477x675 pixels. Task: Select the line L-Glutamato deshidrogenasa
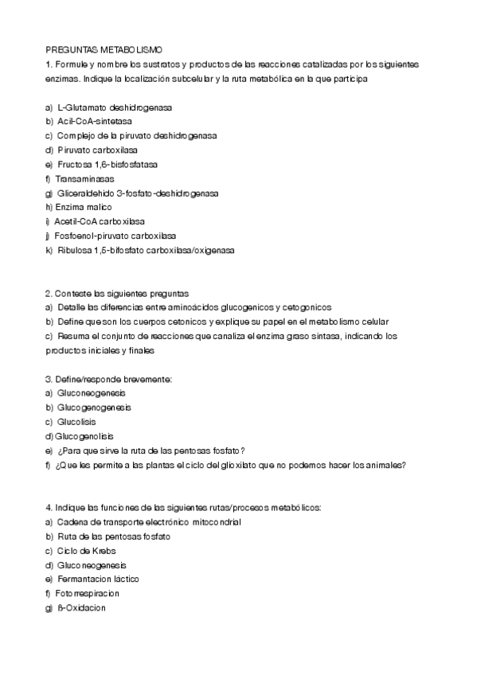114,107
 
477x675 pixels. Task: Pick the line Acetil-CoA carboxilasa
100,221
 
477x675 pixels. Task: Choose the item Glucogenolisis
84,436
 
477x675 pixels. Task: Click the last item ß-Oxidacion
81,608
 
